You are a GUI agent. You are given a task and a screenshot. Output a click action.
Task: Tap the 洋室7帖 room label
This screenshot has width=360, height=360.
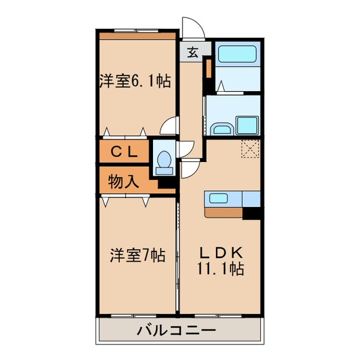(x=137, y=255)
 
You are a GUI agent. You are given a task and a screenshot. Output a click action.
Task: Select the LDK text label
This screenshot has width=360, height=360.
(x=220, y=251)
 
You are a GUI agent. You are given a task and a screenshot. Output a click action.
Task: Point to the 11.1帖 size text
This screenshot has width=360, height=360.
(x=220, y=269)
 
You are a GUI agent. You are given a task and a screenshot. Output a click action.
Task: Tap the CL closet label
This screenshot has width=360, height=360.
(x=124, y=152)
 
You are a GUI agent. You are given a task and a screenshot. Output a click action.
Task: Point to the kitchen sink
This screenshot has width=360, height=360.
(x=223, y=199)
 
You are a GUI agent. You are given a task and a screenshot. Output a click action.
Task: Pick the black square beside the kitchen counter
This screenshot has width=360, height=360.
(x=253, y=212)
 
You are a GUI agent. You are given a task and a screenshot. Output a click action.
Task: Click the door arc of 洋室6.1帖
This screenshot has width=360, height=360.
(x=170, y=127)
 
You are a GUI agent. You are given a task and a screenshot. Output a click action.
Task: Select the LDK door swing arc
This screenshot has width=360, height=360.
(x=192, y=169)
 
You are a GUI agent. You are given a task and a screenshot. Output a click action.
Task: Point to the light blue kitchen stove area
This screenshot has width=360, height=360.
(x=251, y=198)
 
